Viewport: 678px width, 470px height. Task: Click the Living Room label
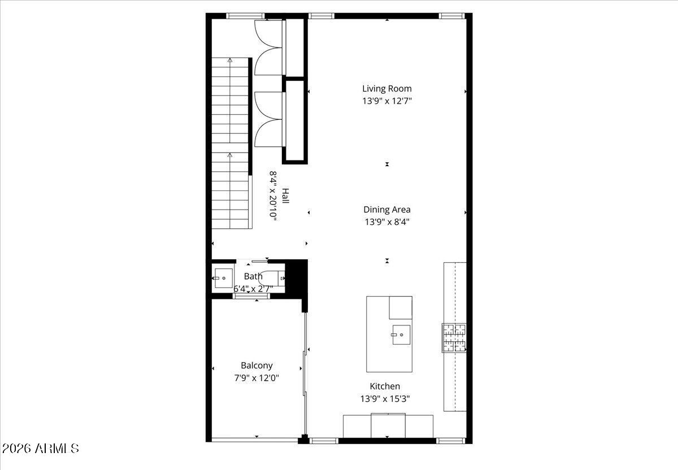point(387,89)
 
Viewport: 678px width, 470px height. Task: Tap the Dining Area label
point(387,210)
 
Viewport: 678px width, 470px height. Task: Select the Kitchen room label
point(385,386)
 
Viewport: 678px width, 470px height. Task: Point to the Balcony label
point(257,365)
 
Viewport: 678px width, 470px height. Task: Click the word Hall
point(285,195)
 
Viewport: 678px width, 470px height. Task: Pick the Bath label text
point(253,276)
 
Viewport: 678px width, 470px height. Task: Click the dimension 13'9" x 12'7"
point(387,101)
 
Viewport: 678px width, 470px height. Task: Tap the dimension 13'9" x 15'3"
point(385,399)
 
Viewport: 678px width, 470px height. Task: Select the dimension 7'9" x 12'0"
point(257,378)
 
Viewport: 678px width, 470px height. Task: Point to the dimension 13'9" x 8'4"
point(387,222)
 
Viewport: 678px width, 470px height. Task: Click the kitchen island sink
point(401,335)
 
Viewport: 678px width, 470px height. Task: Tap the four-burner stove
point(454,338)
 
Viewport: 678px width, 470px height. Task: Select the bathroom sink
point(223,278)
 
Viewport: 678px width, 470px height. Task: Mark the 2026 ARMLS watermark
point(41,449)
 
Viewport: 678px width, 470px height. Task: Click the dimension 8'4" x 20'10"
point(273,196)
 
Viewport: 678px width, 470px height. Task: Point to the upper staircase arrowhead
point(230,60)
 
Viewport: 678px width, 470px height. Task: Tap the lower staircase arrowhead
point(230,155)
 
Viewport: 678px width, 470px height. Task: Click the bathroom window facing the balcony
point(251,296)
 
